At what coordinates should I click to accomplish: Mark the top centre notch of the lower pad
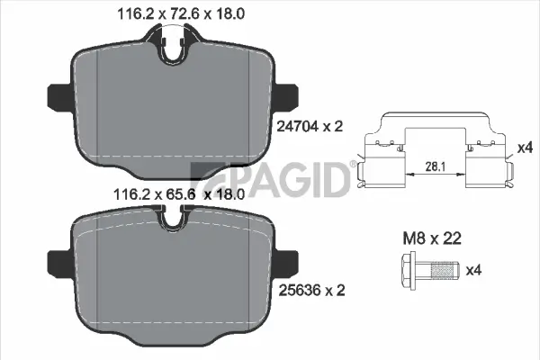point(173,219)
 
